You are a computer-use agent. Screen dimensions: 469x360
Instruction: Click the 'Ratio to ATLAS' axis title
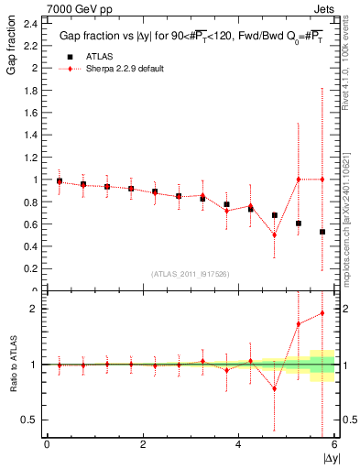coord(11,364)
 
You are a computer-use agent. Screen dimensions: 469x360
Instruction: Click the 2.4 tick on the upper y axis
coord(32,23)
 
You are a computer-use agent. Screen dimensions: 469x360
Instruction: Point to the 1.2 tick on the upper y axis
coord(32,157)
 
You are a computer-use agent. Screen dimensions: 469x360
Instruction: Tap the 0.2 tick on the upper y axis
coord(32,268)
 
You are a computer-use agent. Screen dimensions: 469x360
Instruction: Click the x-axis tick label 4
coord(238,444)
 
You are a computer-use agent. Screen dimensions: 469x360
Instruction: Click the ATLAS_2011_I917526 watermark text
coord(190,273)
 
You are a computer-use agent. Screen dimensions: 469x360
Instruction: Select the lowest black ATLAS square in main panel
coord(322,232)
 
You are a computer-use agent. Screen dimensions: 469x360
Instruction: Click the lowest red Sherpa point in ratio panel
coord(275,388)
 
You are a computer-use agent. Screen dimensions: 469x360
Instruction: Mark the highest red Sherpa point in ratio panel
coord(322,313)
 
